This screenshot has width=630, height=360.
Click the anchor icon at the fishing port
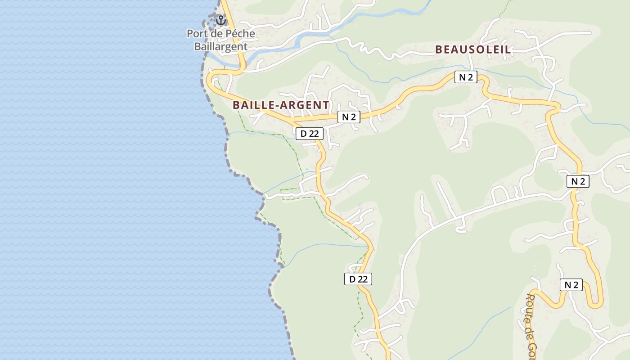220,20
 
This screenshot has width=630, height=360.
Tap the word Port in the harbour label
197,34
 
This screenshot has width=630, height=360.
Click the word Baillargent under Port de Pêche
220,46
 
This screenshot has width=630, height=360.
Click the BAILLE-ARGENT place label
281,105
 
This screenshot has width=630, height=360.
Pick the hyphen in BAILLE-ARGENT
276,105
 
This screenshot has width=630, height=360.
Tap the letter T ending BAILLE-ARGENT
326,105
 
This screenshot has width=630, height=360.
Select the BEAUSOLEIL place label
473,49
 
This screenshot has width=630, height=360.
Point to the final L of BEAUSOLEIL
508,49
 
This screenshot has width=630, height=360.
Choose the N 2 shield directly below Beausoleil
466,77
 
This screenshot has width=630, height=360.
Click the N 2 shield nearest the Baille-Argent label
349,117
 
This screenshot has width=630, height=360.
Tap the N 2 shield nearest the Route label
571,284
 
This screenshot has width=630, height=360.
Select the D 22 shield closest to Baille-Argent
310,133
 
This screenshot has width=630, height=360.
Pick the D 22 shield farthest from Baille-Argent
359,279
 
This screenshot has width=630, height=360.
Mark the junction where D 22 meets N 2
292,121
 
